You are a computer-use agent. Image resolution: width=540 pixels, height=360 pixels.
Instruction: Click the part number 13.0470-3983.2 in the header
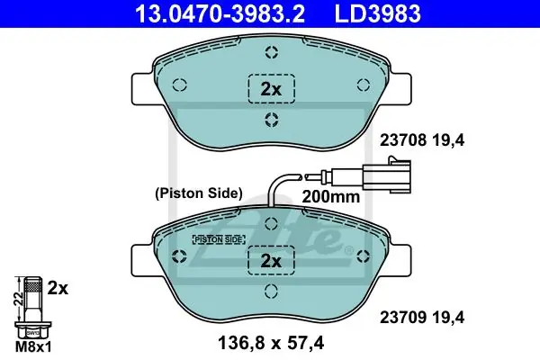tap(220, 13)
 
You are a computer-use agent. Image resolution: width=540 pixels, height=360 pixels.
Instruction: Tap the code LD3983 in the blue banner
tap(378, 13)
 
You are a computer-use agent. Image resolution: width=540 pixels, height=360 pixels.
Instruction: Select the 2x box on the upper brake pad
tap(272, 89)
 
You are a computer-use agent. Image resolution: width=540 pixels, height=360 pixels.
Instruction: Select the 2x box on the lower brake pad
tap(272, 260)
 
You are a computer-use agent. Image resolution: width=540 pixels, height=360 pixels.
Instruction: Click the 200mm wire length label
tap(331, 197)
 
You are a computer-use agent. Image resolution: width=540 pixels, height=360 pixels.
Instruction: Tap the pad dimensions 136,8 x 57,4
tap(271, 343)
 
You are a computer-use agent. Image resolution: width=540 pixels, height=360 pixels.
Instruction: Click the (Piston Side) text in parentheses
tap(199, 193)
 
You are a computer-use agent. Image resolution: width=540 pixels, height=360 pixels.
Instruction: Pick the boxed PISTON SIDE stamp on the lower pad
tap(219, 239)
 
